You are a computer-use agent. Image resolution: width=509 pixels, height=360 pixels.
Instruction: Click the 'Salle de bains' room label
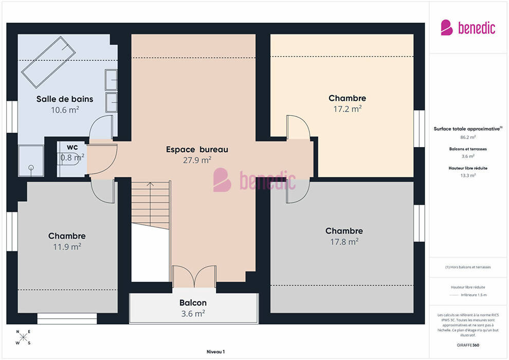(x=65, y=99)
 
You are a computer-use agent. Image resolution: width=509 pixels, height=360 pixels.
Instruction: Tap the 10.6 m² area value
(x=65, y=110)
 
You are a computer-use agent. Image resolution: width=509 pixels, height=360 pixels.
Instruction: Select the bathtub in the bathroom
(x=48, y=62)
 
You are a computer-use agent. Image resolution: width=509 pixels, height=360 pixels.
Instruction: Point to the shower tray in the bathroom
(x=31, y=160)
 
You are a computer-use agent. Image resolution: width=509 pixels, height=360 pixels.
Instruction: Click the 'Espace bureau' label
(x=197, y=149)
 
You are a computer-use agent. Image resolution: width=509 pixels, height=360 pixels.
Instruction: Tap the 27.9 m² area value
(x=197, y=160)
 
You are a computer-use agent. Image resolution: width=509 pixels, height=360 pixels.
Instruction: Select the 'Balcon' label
(x=193, y=302)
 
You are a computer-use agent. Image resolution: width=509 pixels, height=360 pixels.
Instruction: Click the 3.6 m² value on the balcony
(x=193, y=314)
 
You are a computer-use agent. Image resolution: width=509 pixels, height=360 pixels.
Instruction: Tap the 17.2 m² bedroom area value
(x=348, y=109)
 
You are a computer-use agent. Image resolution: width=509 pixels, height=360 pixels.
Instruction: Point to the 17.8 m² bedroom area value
(x=344, y=242)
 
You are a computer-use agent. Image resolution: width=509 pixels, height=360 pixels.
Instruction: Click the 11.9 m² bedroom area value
(x=67, y=247)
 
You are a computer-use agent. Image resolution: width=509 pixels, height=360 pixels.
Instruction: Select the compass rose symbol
(x=23, y=337)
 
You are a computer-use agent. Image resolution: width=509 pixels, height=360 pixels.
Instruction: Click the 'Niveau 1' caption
(x=215, y=352)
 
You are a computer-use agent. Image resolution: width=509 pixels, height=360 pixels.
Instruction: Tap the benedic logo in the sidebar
(x=468, y=28)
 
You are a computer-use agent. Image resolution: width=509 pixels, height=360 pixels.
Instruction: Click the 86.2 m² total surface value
(x=468, y=137)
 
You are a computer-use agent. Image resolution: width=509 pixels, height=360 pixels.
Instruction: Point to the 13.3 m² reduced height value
(x=468, y=175)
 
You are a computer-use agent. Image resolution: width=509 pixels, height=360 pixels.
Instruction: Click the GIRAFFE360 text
(x=468, y=345)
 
